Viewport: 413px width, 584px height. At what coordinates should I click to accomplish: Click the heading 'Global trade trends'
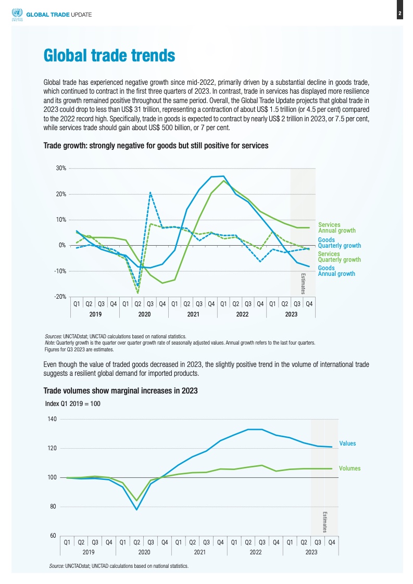pyautogui.click(x=109, y=56)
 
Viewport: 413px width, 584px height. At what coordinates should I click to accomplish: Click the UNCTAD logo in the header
pyautogui.click(x=17, y=15)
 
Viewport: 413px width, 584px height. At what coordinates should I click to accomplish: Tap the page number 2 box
pyautogui.click(x=399, y=14)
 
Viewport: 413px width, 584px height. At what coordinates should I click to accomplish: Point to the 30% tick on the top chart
pyautogui.click(x=61, y=168)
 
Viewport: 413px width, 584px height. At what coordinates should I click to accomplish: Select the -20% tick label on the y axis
pyautogui.click(x=60, y=297)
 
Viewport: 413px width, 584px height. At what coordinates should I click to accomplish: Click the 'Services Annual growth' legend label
pyautogui.click(x=336, y=227)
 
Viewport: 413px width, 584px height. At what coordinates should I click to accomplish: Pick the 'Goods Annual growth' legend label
pyautogui.click(x=336, y=271)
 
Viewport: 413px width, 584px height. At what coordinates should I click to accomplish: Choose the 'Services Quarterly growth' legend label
pyautogui.click(x=339, y=257)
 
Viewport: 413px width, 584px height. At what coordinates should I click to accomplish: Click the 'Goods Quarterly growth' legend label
pyautogui.click(x=339, y=243)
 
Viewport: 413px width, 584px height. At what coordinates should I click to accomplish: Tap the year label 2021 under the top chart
pyautogui.click(x=193, y=314)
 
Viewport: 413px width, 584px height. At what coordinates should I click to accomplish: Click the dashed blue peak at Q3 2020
pyautogui.click(x=150, y=193)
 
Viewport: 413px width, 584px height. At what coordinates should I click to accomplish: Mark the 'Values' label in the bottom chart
pyautogui.click(x=347, y=443)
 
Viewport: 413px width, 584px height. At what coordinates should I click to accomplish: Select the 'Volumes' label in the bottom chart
pyautogui.click(x=349, y=468)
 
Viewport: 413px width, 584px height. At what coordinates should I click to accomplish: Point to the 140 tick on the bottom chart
pyautogui.click(x=52, y=419)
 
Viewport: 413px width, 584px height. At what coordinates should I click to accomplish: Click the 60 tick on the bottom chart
pyautogui.click(x=53, y=536)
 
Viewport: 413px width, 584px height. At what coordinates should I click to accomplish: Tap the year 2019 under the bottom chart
pyautogui.click(x=89, y=552)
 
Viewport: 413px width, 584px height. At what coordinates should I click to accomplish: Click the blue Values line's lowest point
pyautogui.click(x=137, y=510)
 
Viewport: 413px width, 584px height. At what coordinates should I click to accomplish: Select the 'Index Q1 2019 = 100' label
pyautogui.click(x=73, y=404)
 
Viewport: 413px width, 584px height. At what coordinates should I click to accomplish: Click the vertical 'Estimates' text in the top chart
pyautogui.click(x=303, y=284)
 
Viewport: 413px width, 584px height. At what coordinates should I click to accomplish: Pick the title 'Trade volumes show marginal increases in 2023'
pyautogui.click(x=120, y=391)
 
